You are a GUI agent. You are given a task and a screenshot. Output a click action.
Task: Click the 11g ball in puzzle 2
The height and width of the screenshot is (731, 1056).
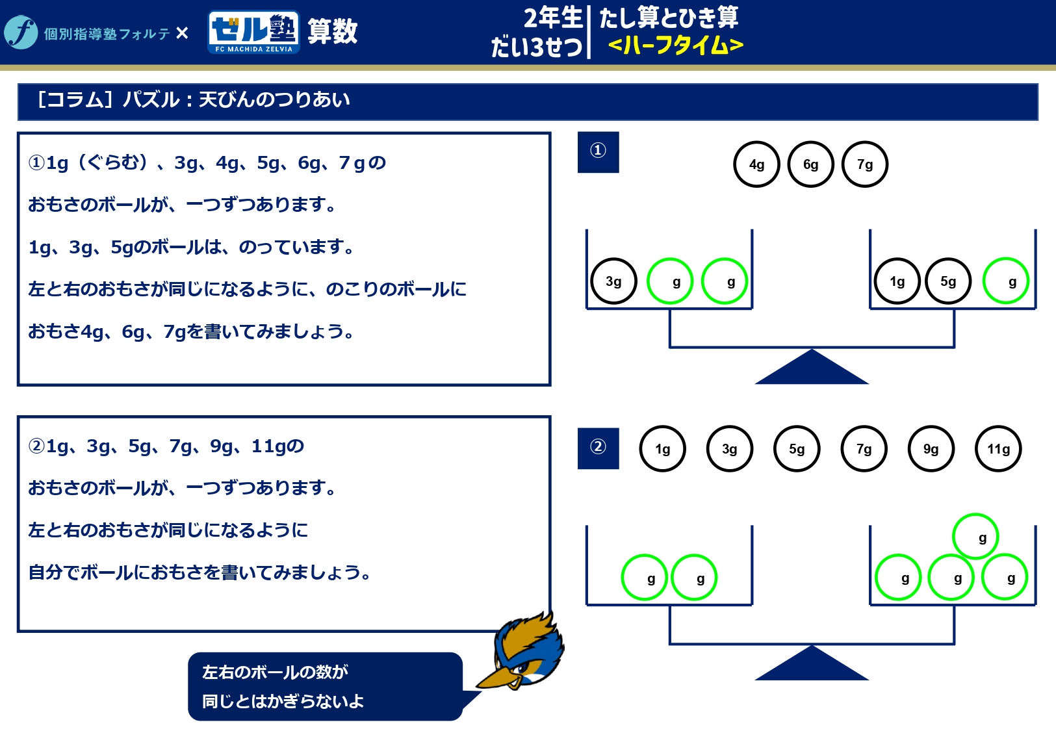pos(998,449)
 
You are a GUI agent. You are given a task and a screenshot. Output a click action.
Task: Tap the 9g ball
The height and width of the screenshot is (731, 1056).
pos(931,449)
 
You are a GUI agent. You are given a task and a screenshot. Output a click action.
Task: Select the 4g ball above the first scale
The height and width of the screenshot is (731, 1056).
pos(756,164)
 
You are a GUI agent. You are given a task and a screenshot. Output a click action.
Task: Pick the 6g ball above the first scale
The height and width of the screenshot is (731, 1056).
pos(810,164)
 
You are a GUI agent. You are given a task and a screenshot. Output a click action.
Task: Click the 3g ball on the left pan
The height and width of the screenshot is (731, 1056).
pos(613,281)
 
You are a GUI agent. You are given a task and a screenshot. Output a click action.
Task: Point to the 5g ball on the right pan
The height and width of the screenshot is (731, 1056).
pos(948,281)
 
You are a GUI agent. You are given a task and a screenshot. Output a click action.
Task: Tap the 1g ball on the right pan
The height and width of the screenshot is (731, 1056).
pos(897,281)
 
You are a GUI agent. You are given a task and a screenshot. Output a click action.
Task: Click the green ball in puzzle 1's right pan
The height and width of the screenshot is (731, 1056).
pos(1005,281)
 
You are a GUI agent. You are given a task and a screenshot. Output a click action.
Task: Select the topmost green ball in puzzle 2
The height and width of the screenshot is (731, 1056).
pos(975,537)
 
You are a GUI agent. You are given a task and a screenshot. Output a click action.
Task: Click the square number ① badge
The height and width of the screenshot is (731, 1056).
pos(598,152)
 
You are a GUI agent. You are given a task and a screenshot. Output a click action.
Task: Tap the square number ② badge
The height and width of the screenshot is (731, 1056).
pos(598,448)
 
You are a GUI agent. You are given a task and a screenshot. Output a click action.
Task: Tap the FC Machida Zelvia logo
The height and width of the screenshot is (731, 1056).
pos(253,32)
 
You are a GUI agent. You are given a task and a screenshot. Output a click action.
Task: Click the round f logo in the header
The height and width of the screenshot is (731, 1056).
pos(21,32)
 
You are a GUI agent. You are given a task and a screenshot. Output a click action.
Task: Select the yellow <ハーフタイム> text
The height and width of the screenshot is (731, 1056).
pos(676,45)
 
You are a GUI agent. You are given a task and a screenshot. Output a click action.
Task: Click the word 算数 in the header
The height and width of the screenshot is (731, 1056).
pos(332,31)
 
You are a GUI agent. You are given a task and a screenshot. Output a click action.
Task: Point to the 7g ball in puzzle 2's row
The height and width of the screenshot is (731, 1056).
pos(864,449)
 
